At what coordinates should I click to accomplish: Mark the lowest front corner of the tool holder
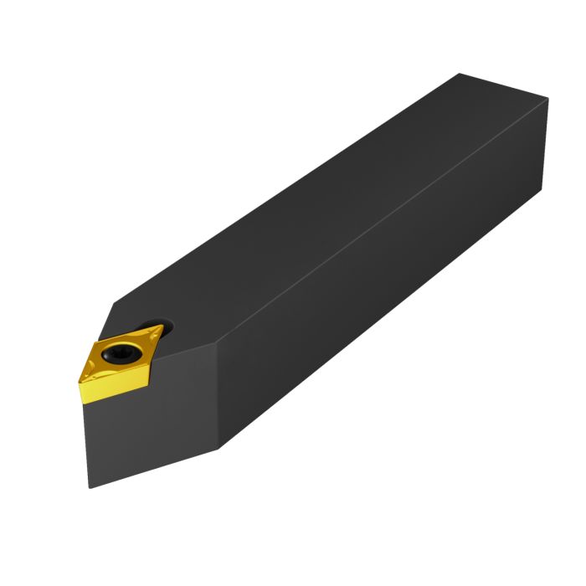point(90,486)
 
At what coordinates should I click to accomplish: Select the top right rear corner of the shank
point(548,100)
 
